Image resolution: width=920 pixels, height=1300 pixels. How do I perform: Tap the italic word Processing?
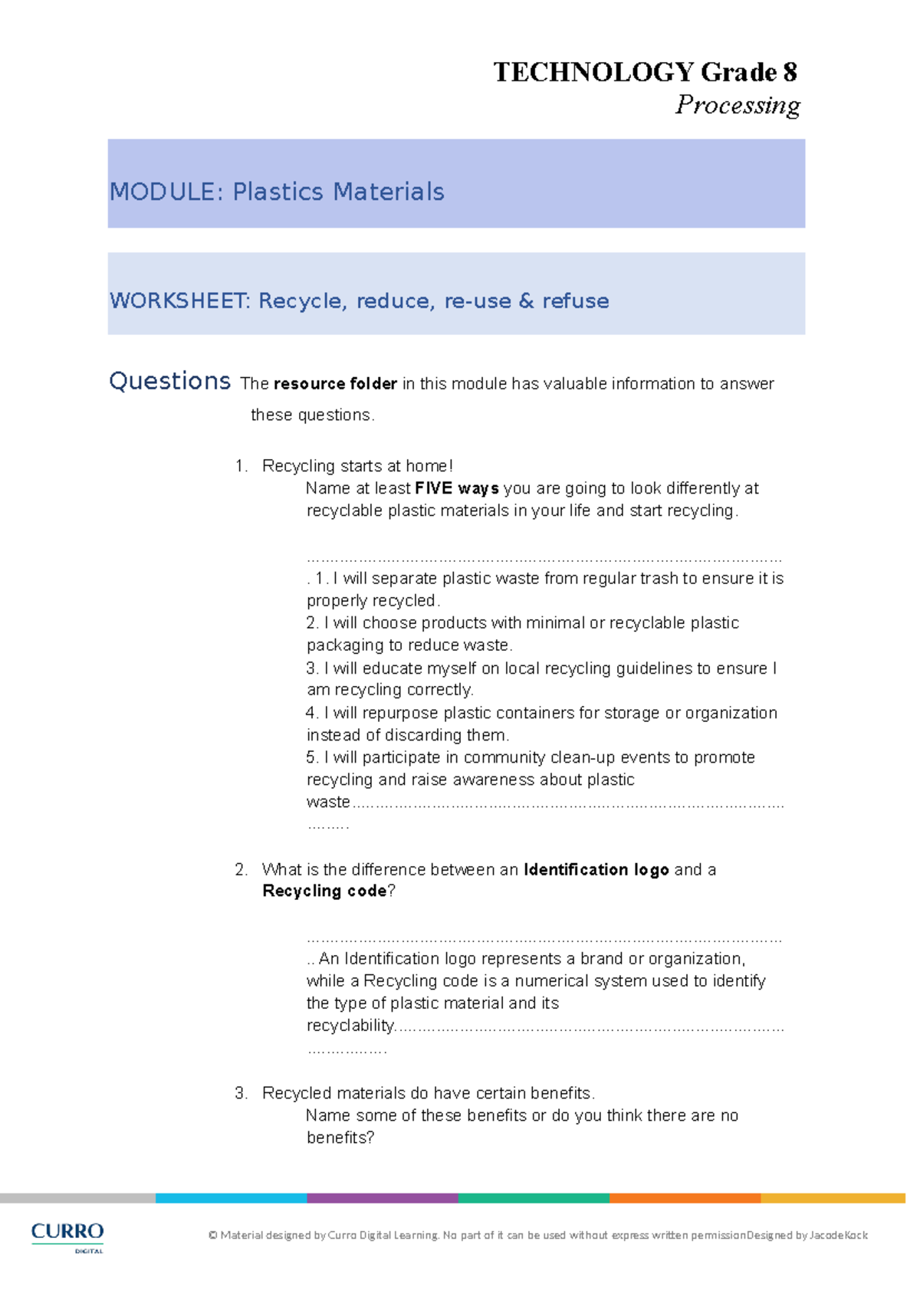738,104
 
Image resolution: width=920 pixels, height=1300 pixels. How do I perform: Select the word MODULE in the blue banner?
162,192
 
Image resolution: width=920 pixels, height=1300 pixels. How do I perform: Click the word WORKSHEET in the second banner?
179,300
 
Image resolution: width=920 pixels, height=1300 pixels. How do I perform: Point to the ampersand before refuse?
526,300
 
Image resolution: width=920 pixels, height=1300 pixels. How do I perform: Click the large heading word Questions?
169,381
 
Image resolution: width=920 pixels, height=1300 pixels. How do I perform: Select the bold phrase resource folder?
335,384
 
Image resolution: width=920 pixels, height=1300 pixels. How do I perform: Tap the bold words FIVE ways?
457,488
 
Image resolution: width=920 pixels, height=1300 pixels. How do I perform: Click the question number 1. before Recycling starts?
242,466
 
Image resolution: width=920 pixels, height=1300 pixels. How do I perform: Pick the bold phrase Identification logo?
596,869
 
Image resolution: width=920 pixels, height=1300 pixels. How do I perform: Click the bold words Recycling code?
324,891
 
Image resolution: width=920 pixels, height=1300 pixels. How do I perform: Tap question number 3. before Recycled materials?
242,1093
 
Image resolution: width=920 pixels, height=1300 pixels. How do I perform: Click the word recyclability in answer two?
350,1026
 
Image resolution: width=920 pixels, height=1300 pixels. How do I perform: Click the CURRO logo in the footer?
67,1235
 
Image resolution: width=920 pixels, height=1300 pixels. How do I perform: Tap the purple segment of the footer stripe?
382,1198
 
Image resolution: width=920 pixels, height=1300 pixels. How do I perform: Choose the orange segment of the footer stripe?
685,1198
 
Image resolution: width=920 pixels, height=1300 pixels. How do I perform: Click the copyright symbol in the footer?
213,1236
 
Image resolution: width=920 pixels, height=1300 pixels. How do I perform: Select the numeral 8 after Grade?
790,72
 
